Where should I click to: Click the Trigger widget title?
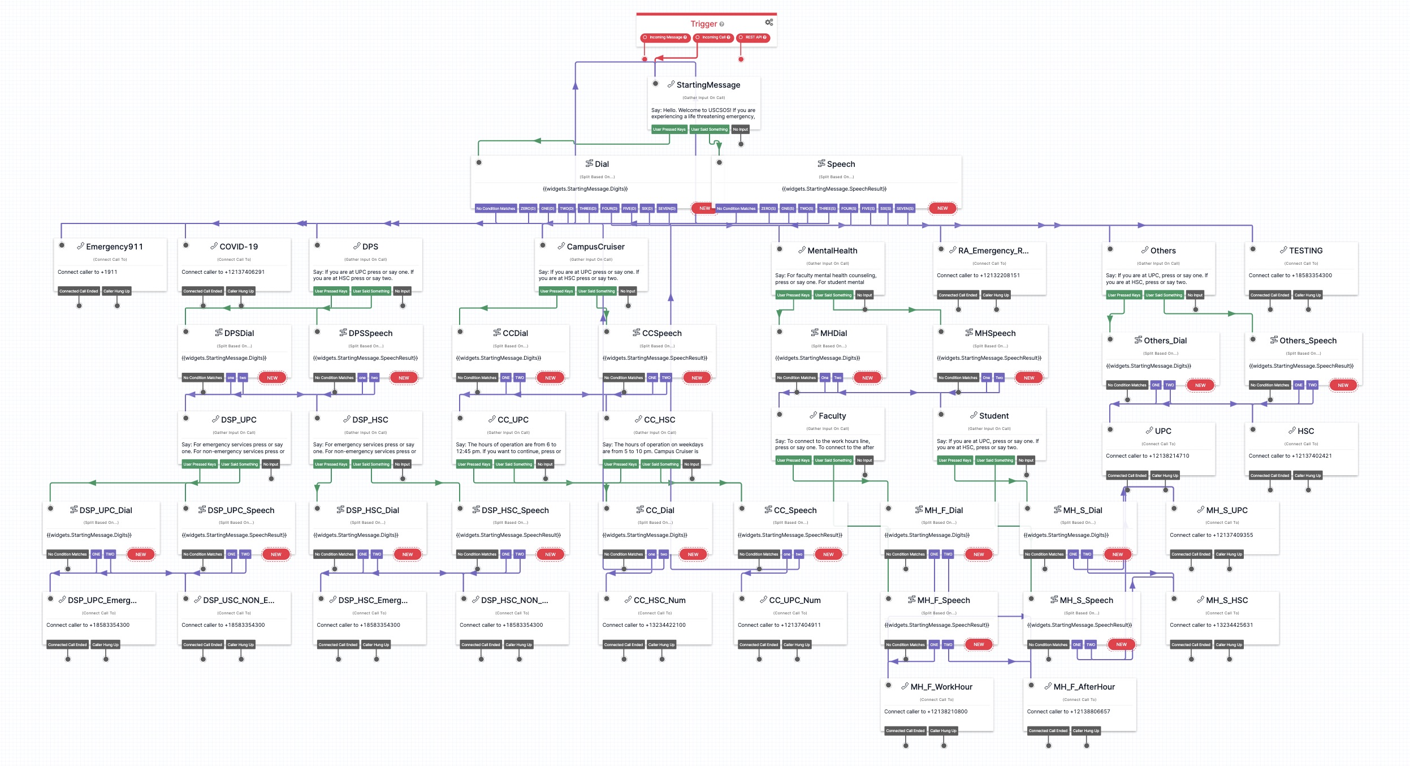(x=703, y=24)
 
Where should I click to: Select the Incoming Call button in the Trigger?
(x=713, y=37)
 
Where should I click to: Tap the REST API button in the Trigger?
(x=754, y=37)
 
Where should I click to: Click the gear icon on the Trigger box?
(x=769, y=23)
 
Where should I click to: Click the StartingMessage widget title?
(x=708, y=85)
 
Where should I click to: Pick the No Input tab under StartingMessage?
(x=740, y=130)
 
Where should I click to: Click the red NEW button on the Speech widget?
(x=942, y=208)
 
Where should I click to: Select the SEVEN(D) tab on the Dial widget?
(x=667, y=208)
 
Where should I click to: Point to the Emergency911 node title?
(x=114, y=247)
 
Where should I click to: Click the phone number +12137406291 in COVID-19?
(x=244, y=272)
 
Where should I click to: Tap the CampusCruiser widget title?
(x=595, y=247)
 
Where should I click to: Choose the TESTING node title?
(x=1305, y=251)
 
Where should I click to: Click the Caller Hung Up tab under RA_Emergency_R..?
(x=996, y=295)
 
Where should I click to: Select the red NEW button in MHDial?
(x=867, y=378)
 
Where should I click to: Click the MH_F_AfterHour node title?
(x=1084, y=687)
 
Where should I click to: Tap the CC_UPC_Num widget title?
(x=794, y=600)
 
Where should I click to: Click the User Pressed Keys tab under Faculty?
(x=793, y=461)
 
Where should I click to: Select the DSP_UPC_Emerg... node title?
(x=102, y=600)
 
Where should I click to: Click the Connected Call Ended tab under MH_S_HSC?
(x=1191, y=645)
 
